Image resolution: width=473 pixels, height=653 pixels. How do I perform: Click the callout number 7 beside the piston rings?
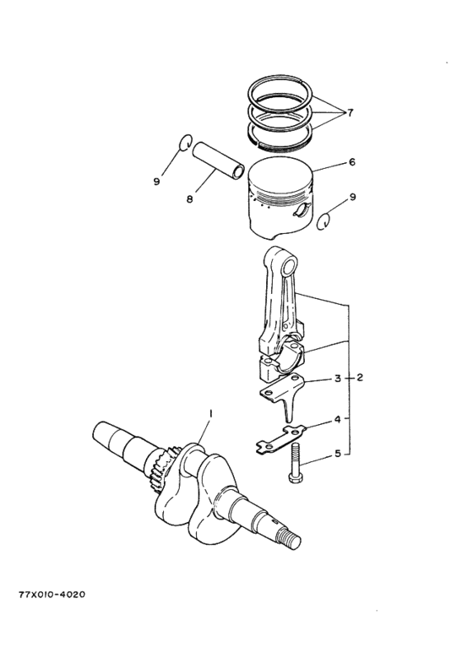351,112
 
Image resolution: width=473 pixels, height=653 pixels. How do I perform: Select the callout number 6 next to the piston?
351,162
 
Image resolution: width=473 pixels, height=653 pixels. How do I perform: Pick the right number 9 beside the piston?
352,197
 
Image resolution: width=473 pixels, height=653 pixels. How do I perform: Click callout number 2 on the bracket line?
360,378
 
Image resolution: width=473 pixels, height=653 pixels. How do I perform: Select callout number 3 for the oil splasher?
336,378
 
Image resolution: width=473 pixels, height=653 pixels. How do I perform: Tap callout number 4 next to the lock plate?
336,419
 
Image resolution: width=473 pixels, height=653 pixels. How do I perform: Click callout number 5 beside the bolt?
336,454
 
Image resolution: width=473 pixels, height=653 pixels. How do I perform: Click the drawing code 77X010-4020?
51,594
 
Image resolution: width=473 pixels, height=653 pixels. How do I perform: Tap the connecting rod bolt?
295,464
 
